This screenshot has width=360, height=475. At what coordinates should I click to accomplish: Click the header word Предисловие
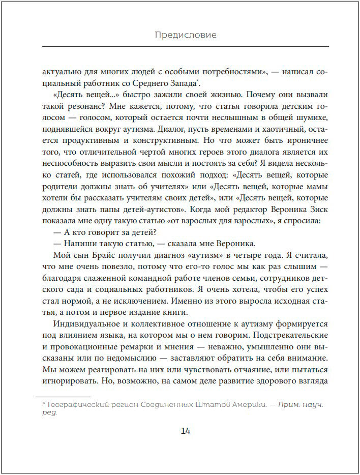point(185,35)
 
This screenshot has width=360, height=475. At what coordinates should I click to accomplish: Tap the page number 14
point(185,431)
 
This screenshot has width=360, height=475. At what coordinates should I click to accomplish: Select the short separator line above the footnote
point(64,396)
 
